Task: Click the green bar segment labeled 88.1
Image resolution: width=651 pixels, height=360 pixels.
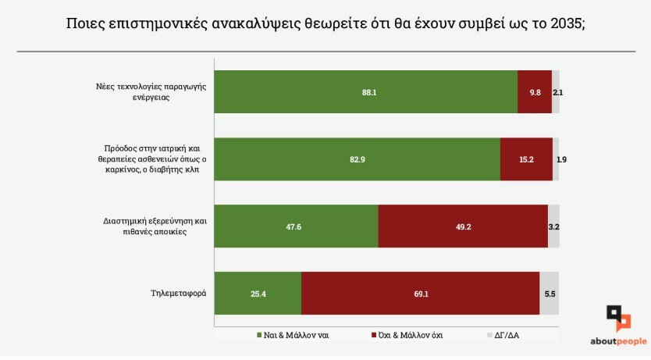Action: pos(365,92)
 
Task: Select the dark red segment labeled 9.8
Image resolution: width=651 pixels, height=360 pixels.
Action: pos(535,92)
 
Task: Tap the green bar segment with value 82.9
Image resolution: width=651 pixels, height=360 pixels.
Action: pos(357,159)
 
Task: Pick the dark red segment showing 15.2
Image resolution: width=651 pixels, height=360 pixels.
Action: pos(526,159)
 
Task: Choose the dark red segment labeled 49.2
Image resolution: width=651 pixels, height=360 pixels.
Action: pos(463,226)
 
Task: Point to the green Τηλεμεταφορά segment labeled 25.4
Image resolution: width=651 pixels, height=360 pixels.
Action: pos(258,294)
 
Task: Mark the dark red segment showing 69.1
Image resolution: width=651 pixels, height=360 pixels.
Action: pos(420,294)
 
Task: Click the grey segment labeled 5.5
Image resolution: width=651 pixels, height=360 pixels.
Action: pos(550,294)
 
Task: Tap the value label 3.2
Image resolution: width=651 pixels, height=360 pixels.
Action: pos(554,226)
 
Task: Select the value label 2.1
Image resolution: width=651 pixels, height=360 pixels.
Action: pos(557,92)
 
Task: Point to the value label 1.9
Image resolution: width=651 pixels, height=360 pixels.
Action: pos(561,159)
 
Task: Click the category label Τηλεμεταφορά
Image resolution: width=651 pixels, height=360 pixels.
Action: pos(178,294)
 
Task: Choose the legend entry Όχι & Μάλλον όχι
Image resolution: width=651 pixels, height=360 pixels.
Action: pos(407,335)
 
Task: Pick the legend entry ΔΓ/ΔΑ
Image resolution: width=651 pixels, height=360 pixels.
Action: pos(503,335)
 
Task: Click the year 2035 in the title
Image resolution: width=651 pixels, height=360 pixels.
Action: pos(564,23)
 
